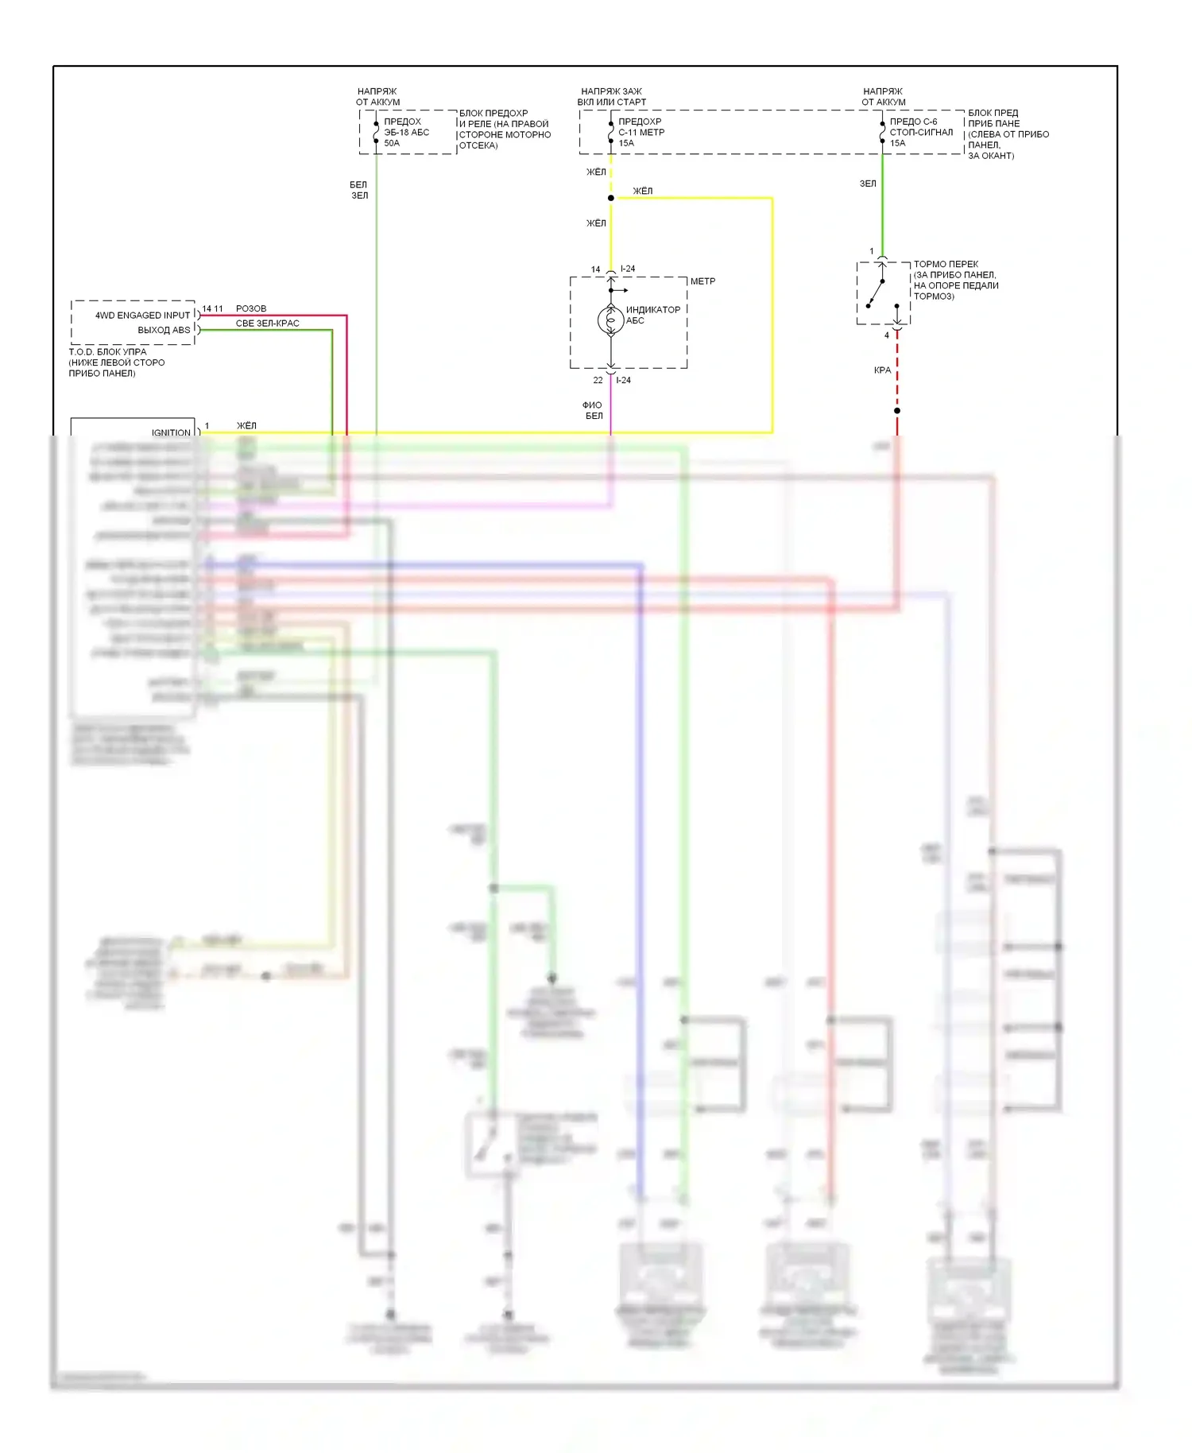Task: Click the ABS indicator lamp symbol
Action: pyautogui.click(x=610, y=320)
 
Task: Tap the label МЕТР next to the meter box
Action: pyautogui.click(x=702, y=281)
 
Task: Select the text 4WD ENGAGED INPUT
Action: pyautogui.click(x=142, y=316)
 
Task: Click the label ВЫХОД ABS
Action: pyautogui.click(x=164, y=330)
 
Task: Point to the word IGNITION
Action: pyautogui.click(x=171, y=432)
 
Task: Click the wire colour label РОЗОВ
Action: pyautogui.click(x=251, y=308)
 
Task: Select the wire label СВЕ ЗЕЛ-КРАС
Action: pyautogui.click(x=267, y=324)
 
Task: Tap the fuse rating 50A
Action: pyautogui.click(x=392, y=144)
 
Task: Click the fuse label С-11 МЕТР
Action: pyautogui.click(x=641, y=133)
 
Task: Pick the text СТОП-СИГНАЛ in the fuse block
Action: pyautogui.click(x=921, y=133)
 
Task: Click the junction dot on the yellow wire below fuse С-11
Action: pyautogui.click(x=610, y=198)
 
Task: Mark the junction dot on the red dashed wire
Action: pyautogui.click(x=897, y=411)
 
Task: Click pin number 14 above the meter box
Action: pyautogui.click(x=595, y=269)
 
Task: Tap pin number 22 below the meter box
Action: pyautogui.click(x=598, y=381)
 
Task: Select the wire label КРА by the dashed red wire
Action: pyautogui.click(x=882, y=370)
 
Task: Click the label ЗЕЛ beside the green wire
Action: pyautogui.click(x=868, y=184)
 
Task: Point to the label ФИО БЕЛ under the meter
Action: pyautogui.click(x=593, y=410)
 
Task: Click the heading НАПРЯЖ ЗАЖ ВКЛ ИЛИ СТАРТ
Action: pyautogui.click(x=611, y=97)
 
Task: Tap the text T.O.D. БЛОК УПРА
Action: pyautogui.click(x=107, y=351)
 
